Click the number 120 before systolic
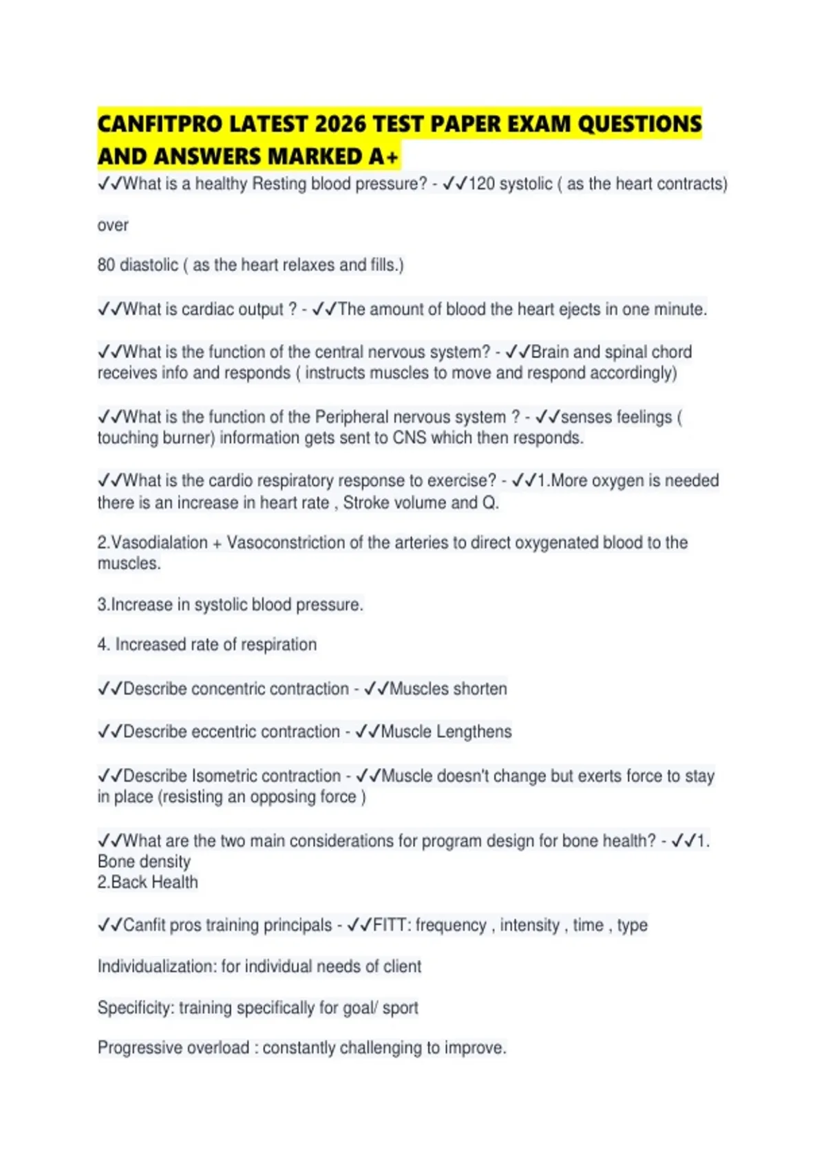(481, 184)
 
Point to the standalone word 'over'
(113, 226)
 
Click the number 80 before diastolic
(106, 265)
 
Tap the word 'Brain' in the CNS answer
(550, 352)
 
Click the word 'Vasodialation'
(159, 543)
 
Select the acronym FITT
(390, 926)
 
